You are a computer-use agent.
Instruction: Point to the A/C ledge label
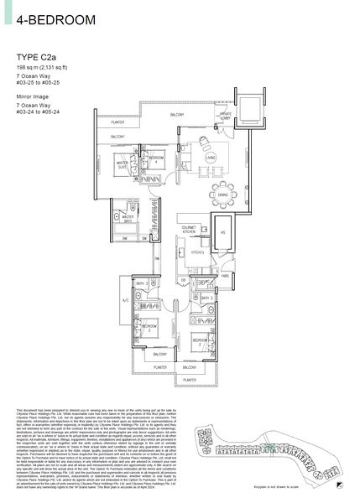125,298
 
